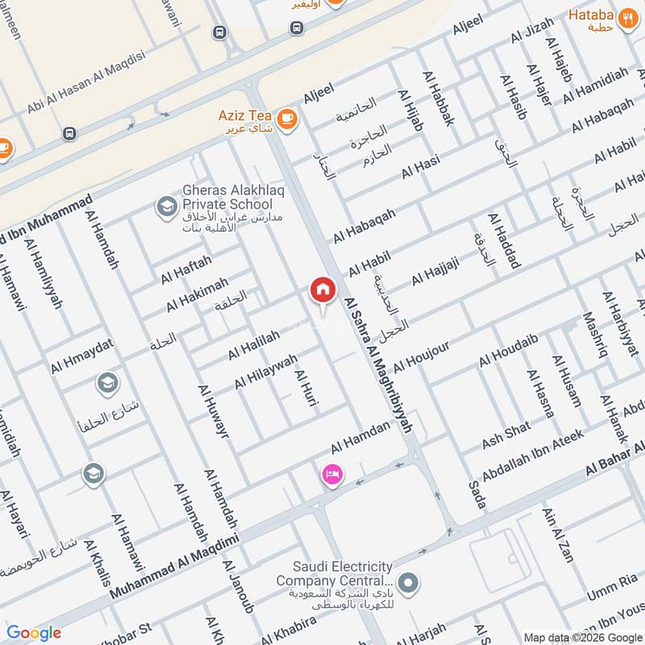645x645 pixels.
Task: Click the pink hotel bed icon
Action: (x=331, y=475)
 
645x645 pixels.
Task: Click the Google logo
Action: (x=33, y=633)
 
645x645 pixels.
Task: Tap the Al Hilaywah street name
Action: (x=265, y=371)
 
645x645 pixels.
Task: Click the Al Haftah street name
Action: (x=185, y=268)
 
